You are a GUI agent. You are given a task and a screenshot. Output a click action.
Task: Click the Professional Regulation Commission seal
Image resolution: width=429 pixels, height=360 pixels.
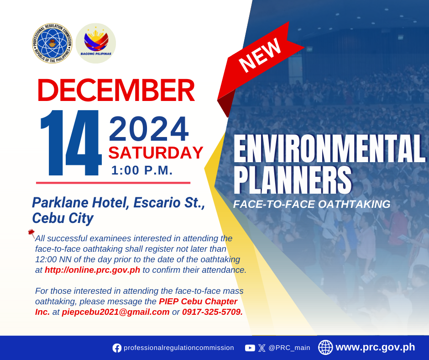pos(52,43)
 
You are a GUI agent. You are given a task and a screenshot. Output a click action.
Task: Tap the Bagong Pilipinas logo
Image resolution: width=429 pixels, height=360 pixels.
pos(96,43)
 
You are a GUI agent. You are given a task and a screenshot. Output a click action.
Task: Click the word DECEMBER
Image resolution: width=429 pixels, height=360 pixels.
pos(116,90)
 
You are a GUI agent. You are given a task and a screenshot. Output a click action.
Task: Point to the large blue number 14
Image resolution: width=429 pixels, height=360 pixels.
pos(71,143)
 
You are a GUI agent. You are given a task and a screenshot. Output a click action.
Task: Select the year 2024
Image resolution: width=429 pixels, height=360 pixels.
pos(149,129)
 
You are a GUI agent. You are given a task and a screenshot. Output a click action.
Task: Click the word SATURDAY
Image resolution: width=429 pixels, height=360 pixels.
pos(156,153)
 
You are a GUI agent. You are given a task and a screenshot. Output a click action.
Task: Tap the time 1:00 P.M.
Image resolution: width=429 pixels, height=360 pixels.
pos(142,170)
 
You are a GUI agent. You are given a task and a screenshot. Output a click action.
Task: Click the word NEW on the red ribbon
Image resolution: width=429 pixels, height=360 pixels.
pos(260,55)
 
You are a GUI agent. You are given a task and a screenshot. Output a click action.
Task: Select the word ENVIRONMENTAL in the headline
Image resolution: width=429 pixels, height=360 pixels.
pos(330,149)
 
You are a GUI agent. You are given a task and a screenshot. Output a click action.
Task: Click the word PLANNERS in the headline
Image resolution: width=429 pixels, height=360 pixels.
pos(293,180)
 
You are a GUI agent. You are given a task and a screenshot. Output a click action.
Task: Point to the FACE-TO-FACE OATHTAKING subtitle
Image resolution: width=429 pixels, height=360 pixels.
pos(312,204)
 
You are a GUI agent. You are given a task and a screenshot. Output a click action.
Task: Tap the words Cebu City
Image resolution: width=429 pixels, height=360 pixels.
pos(63,218)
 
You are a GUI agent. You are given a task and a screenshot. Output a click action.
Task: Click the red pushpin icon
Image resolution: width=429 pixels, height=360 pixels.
pos(31,234)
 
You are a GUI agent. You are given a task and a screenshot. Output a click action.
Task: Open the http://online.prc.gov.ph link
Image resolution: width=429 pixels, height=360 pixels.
pos(93,270)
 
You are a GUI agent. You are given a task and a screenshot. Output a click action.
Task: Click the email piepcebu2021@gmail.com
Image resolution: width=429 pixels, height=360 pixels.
pos(115,312)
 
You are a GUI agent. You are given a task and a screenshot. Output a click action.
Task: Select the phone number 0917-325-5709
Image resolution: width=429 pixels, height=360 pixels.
pos(212,312)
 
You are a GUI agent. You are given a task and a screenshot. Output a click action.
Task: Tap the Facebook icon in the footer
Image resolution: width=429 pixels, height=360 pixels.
pos(117,348)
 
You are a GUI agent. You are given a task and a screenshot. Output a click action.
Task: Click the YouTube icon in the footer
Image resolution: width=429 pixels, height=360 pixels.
pos(250,348)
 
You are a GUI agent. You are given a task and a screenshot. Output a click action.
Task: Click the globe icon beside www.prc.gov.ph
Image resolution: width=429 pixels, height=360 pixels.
pos(325,347)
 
